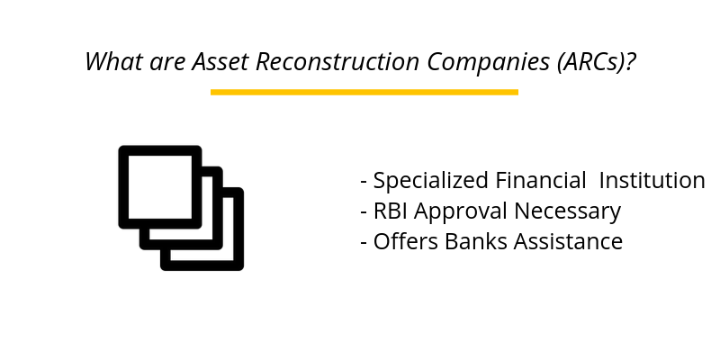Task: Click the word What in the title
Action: pos(111,62)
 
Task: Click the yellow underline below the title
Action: pos(364,92)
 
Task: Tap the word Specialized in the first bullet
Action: pos(431,181)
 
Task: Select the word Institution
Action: pos(652,180)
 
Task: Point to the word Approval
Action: pos(456,212)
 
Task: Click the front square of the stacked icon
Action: pos(159,186)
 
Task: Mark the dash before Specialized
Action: pos(364,182)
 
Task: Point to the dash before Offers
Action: pos(364,243)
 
